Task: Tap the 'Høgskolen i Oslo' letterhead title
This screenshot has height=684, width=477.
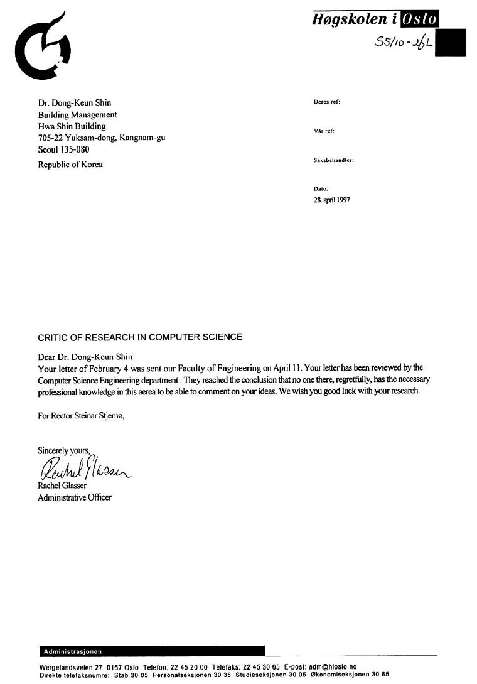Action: coord(375,19)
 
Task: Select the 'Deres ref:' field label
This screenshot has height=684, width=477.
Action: coord(327,102)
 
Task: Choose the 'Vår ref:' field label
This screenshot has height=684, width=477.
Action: coord(324,131)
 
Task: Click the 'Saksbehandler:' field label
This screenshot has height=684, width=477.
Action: coord(333,160)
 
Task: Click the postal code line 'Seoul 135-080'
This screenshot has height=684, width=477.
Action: coord(64,150)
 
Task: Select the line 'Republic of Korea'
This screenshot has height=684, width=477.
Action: coord(70,165)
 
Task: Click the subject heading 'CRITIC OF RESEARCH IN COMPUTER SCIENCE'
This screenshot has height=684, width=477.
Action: coord(140,337)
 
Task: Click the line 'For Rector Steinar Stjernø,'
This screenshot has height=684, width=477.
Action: coord(82,416)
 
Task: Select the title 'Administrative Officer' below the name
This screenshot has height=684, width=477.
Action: coord(75,497)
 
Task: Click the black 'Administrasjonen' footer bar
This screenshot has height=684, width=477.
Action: coord(151,651)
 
